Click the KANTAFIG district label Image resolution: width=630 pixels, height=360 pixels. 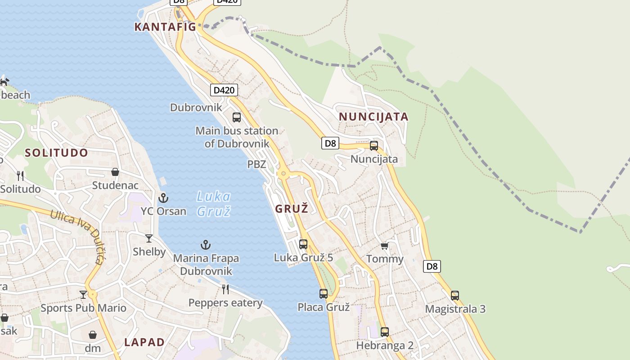165,27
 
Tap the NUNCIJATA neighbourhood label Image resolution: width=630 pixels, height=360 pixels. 373,117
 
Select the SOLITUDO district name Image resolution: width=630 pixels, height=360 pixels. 57,153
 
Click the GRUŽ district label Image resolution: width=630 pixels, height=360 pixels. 292,209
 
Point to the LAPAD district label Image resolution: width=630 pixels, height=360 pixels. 144,342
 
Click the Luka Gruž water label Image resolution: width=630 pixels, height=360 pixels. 214,203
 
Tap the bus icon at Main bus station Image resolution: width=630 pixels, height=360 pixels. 237,117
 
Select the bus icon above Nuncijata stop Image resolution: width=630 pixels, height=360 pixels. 374,146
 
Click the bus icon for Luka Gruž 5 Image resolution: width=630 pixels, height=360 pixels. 303,244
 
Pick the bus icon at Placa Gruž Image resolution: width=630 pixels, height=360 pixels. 324,294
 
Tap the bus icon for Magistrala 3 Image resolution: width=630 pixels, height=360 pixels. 455,296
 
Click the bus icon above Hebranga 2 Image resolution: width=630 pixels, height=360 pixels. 385,332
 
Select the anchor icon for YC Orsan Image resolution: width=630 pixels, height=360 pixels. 163,198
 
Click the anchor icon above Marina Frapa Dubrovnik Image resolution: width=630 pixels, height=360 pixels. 206,245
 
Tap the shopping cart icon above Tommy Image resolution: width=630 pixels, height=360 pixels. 384,246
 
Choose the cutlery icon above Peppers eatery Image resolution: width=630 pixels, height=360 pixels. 225,289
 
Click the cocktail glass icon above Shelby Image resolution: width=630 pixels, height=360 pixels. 149,238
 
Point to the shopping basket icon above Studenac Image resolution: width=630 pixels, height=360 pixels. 115,172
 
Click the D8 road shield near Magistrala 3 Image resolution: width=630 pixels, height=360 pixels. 432,266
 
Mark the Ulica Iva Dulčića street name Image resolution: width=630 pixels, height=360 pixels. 77,236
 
